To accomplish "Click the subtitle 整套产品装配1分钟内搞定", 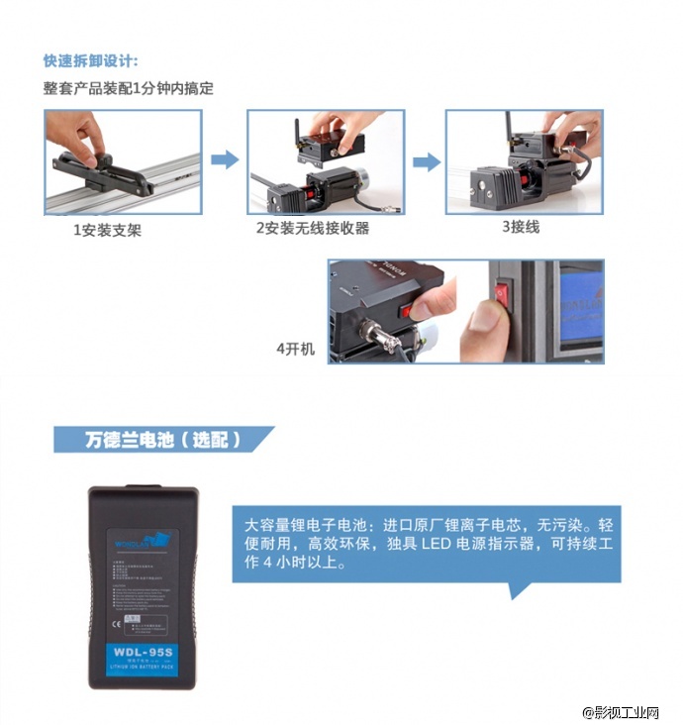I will (128, 88).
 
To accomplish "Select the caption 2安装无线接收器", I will (312, 229).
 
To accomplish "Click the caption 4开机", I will (295, 350).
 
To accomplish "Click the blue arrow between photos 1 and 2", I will (225, 159).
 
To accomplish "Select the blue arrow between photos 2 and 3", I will (426, 161).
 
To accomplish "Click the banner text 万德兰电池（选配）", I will (162, 439).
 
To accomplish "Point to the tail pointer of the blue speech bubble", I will (517, 590).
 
